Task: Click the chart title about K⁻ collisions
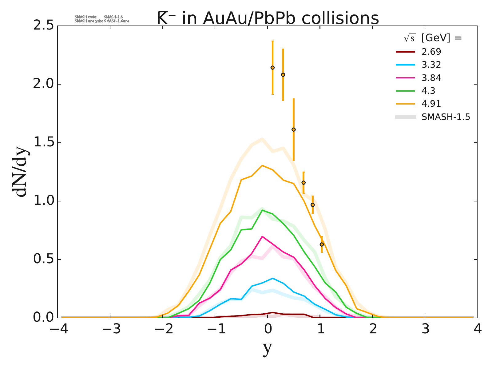point(268,18)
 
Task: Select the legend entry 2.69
point(431,51)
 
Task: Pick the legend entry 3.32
point(431,65)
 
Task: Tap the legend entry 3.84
point(431,78)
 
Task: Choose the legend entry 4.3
point(428,91)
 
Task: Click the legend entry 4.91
point(431,104)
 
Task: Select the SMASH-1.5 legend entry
point(446,117)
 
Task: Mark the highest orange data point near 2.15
point(272,68)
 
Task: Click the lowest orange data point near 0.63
point(322,244)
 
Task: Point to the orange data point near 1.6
point(293,129)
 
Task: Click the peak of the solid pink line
point(262,236)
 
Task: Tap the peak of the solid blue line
point(273,278)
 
